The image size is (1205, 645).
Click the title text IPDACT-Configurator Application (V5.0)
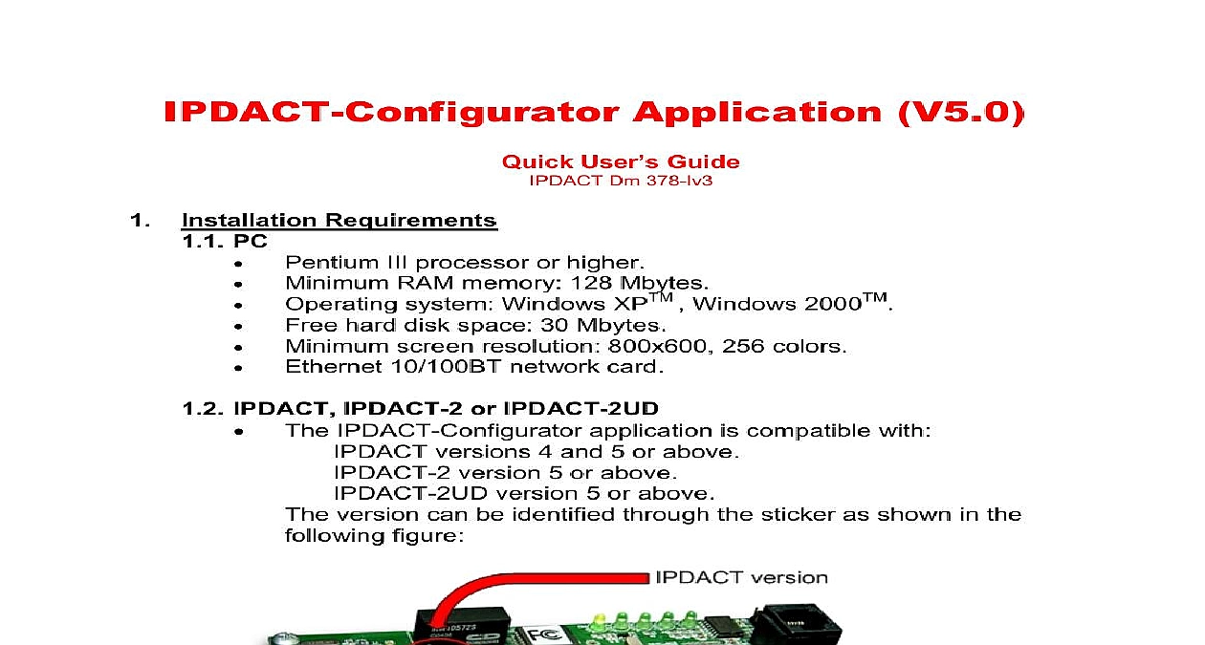tap(594, 113)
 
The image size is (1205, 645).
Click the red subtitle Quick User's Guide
tap(621, 161)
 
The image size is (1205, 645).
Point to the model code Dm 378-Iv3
tap(661, 180)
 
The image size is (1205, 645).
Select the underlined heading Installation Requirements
tap(340, 221)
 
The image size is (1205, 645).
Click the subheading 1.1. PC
tap(225, 242)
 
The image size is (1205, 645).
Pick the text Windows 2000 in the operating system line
tap(778, 304)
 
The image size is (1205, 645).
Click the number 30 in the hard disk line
tap(554, 325)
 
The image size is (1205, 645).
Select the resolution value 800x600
tap(657, 346)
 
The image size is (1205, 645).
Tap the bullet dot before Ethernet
tap(238, 368)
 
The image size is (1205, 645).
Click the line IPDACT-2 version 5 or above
tap(505, 473)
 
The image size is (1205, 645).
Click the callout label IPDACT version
tap(741, 578)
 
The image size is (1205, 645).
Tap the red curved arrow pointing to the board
tap(516, 579)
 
